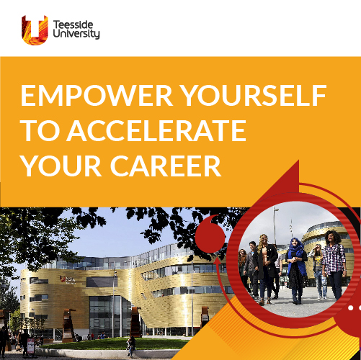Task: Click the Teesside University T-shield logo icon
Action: click(x=35, y=30)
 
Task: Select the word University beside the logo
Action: click(x=76, y=34)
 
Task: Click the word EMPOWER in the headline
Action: click(x=97, y=95)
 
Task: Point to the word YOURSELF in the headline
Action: click(x=254, y=95)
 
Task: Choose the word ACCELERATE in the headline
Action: click(x=156, y=130)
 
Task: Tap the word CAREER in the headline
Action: click(x=166, y=166)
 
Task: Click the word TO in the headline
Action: click(x=40, y=130)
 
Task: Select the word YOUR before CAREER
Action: click(x=61, y=166)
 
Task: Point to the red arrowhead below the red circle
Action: click(x=218, y=262)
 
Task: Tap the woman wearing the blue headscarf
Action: click(x=297, y=271)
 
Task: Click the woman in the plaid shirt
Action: click(x=334, y=265)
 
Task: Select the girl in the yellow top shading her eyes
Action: click(x=318, y=271)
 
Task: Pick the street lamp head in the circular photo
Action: click(x=276, y=210)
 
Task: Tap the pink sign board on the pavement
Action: click(x=30, y=346)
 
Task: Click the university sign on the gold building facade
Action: click(x=68, y=279)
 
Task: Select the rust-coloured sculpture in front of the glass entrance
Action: click(x=135, y=322)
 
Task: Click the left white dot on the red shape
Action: click(x=351, y=307)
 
